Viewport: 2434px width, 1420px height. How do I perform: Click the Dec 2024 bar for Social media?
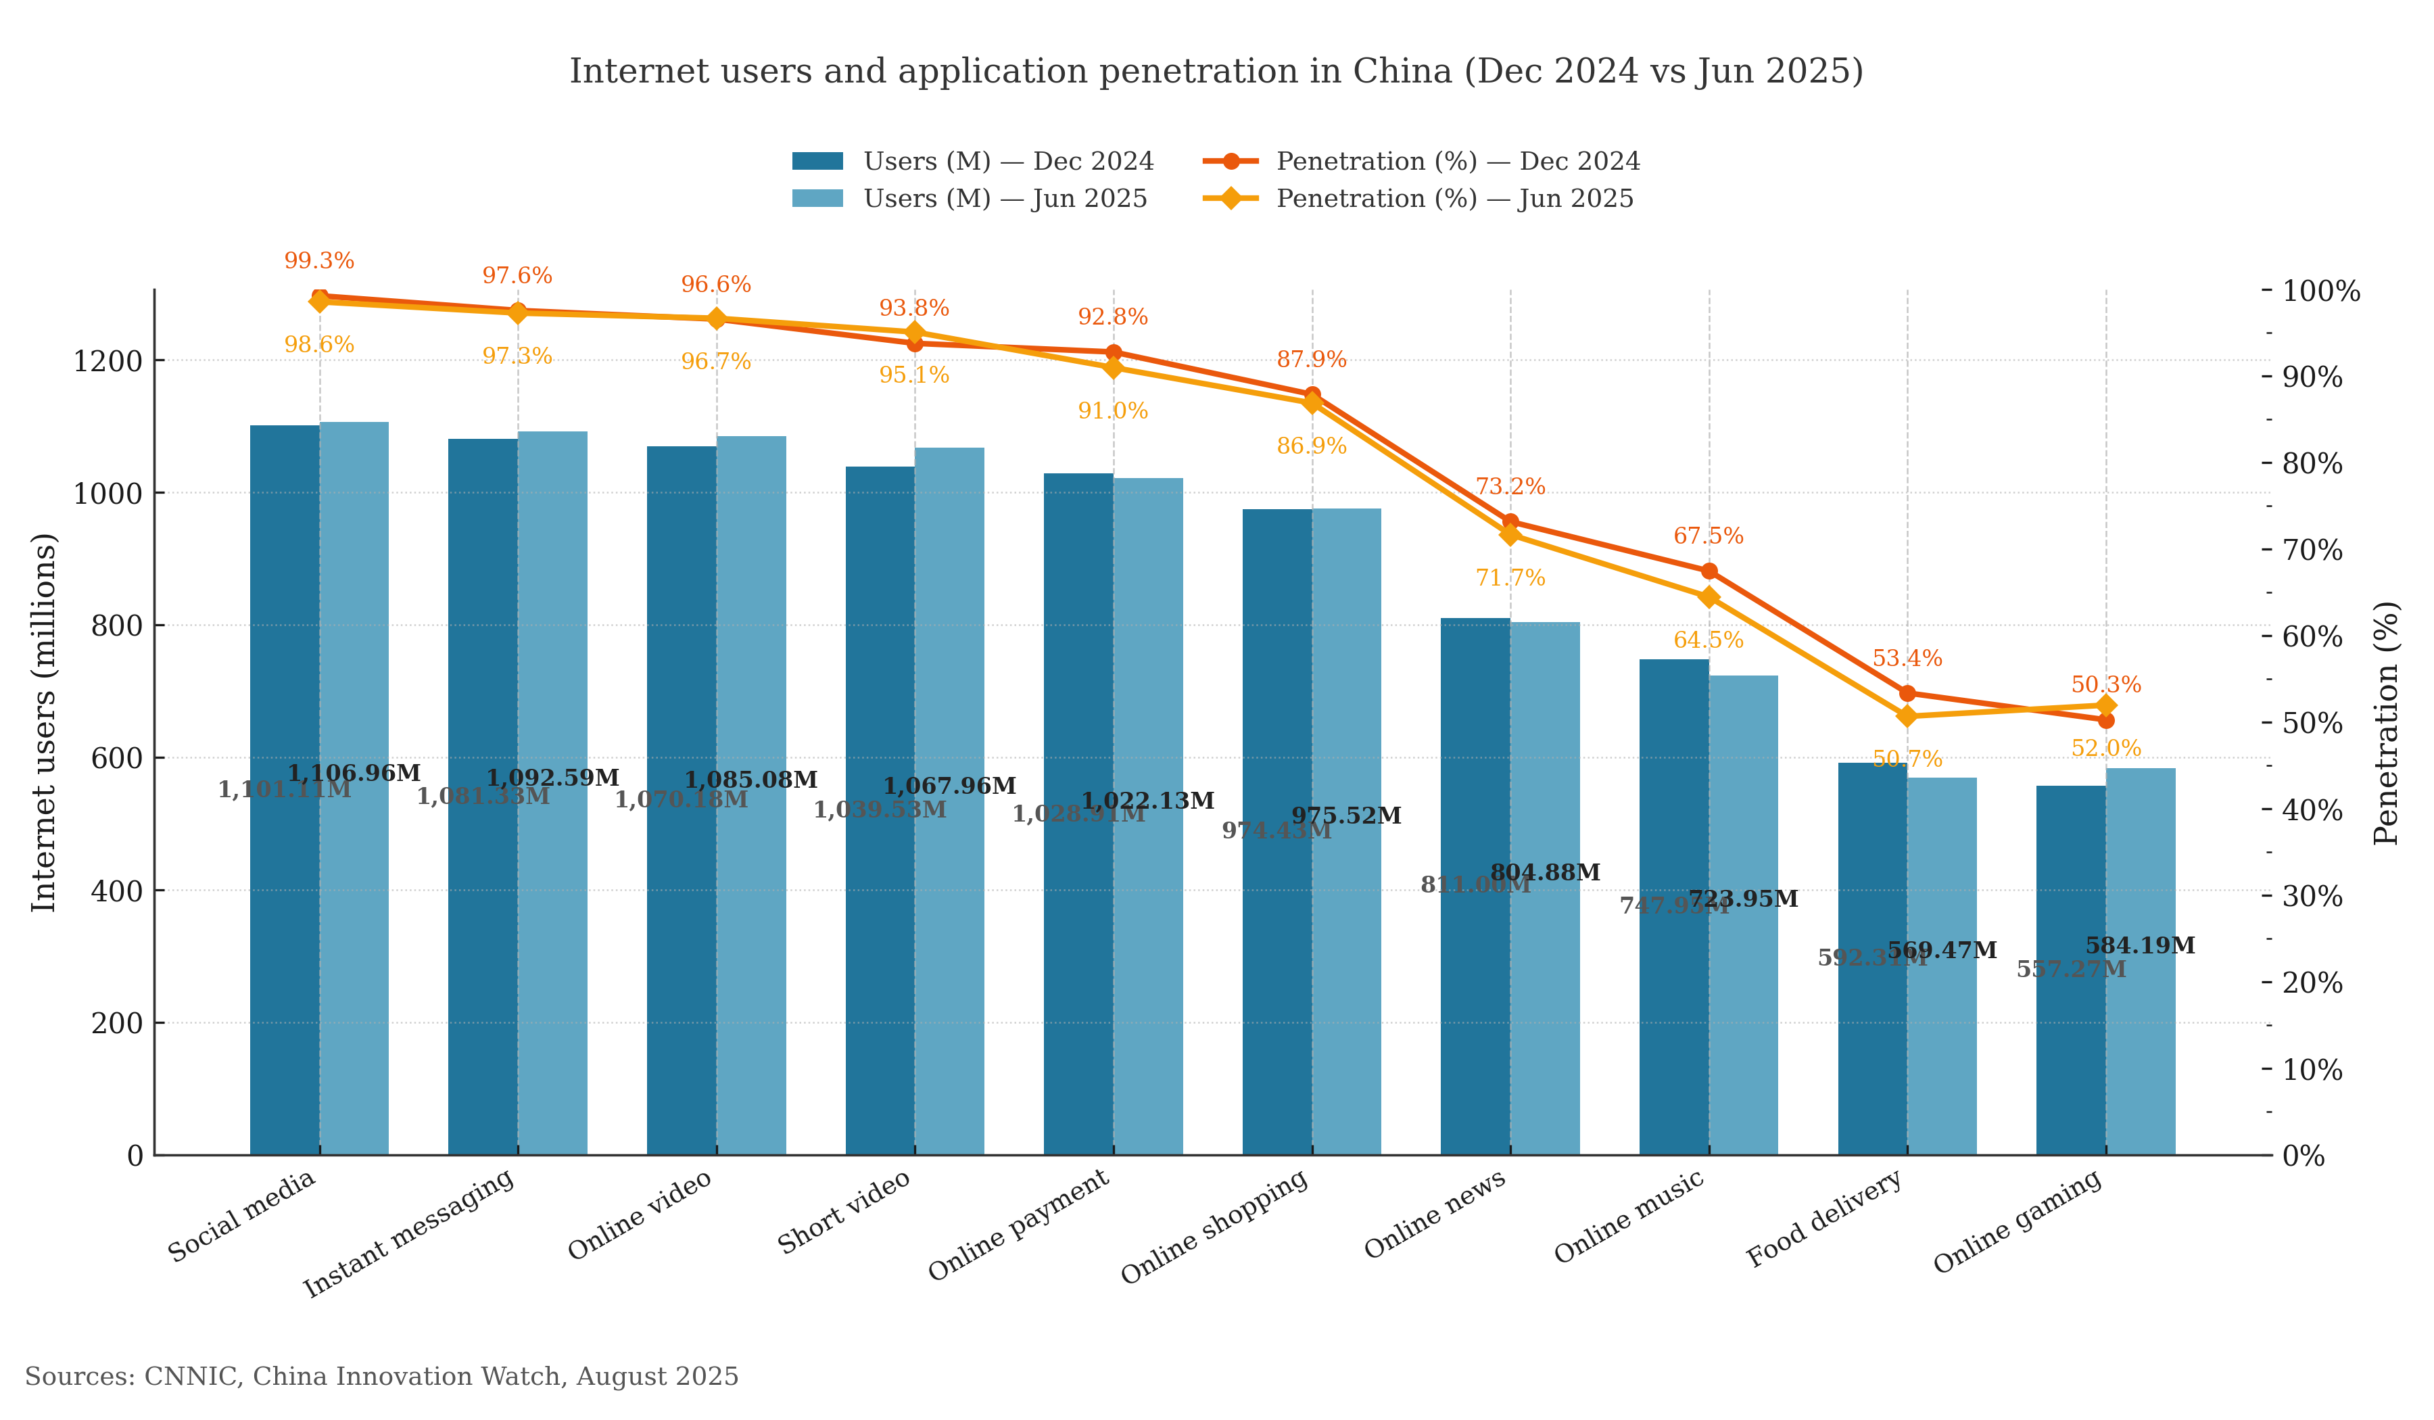pos(284,870)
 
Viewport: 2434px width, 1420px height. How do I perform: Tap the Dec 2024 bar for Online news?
pos(1475,966)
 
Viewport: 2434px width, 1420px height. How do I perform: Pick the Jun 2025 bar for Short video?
pos(949,918)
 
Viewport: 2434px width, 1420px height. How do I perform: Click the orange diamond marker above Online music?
pos(1709,597)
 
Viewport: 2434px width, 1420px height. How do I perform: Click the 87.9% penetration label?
pos(1311,359)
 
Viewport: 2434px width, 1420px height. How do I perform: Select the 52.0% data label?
pos(2105,749)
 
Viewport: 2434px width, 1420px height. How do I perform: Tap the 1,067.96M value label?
pos(949,786)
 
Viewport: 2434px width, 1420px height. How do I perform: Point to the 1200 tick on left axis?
pos(108,361)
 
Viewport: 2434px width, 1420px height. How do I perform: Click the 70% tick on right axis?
pos(2312,550)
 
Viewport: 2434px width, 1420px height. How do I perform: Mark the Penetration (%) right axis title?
pos(2386,723)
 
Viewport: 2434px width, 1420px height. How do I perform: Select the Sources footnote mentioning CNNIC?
pos(381,1377)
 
